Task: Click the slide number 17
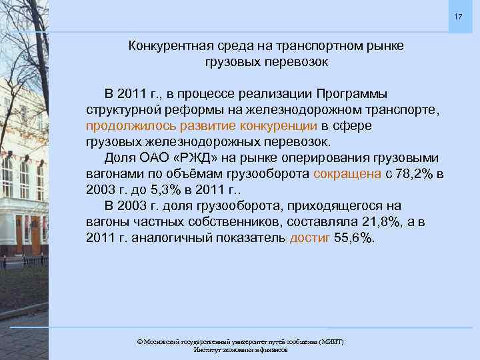[x=457, y=15]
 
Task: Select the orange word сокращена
[x=346, y=174]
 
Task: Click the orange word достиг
[x=310, y=239]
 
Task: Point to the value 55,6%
[x=355, y=239]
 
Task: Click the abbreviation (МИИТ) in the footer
[x=331, y=341]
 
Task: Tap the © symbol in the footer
[x=139, y=341]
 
